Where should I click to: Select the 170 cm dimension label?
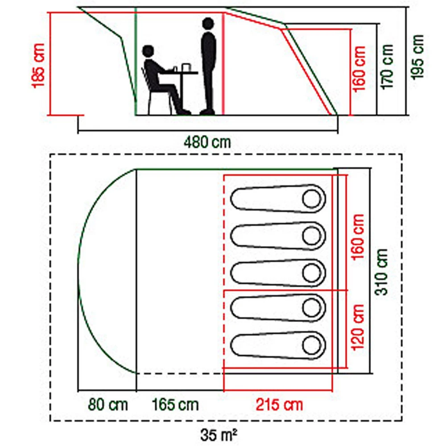point(388,66)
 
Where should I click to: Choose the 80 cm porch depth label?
point(107,405)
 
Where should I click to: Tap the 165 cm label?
point(175,405)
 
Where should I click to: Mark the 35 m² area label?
point(218,432)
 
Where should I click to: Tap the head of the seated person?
point(148,51)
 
